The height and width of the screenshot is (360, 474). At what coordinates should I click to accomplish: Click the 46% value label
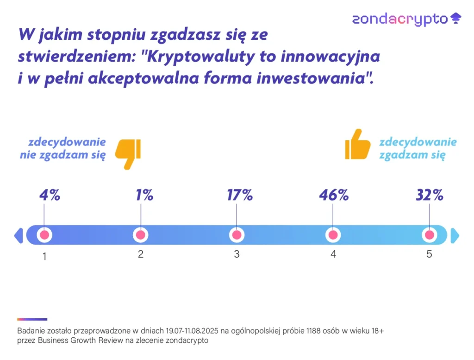pos(334,195)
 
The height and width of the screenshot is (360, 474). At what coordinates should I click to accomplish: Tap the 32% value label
pos(429,195)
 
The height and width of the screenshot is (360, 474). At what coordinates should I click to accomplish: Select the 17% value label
pos(240,195)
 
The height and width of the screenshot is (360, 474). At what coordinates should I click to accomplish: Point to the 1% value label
pos(144,195)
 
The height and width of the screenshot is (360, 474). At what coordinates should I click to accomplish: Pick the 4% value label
pos(50,195)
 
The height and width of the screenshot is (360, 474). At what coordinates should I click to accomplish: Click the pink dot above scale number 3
pos(237,235)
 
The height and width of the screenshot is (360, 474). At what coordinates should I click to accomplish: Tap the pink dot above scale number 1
pos(44,235)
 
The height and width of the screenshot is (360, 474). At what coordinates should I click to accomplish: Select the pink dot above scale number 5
pos(429,235)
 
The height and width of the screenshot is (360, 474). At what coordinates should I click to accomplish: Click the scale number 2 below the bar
pos(141,254)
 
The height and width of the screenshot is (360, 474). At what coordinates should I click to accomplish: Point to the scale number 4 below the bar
pos(333,254)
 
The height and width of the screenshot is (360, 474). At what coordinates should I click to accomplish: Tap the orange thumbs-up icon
pos(358,144)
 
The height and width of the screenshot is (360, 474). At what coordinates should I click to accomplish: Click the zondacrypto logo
pos(406,19)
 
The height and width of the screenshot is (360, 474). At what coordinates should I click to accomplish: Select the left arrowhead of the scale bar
pos(19,235)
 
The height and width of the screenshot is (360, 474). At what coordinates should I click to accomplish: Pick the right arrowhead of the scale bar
pos(455,235)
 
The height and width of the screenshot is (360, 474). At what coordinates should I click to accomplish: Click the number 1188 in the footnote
pos(313,331)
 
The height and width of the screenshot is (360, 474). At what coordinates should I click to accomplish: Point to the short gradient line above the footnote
pos(32,319)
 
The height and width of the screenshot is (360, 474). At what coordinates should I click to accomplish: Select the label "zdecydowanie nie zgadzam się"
pos(63,149)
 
